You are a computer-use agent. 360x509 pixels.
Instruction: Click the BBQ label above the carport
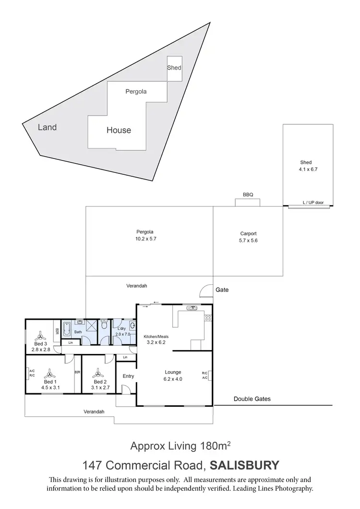pyautogui.click(x=248, y=194)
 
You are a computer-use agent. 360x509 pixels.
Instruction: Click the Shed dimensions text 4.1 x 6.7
pyautogui.click(x=308, y=170)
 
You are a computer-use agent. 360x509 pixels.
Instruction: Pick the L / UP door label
pyautogui.click(x=313, y=203)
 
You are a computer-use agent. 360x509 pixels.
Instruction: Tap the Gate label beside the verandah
pyautogui.click(x=222, y=290)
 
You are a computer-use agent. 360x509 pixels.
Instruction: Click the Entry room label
pyautogui.click(x=128, y=376)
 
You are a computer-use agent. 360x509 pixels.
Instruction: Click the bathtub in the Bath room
pyautogui.click(x=67, y=329)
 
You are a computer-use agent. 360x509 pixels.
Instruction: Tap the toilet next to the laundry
pyautogui.click(x=104, y=326)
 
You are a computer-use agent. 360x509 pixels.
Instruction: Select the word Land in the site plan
pyautogui.click(x=48, y=127)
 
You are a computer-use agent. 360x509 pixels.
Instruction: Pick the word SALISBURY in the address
pyautogui.click(x=245, y=465)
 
